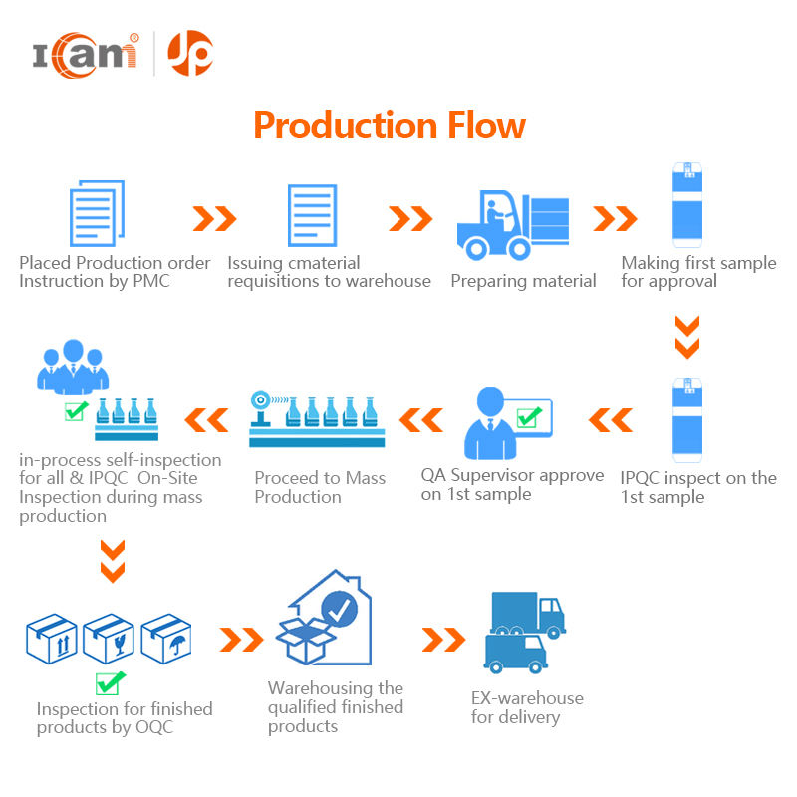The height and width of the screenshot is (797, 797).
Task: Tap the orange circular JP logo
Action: click(x=189, y=53)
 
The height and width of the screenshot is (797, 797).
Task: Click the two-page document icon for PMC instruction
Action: click(x=97, y=213)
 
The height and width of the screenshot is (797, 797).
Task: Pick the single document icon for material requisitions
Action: click(x=313, y=216)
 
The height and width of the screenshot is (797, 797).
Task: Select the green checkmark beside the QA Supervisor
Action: click(x=530, y=415)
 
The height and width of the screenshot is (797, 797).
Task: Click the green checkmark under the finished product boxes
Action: click(x=110, y=683)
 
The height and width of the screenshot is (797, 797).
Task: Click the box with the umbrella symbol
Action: click(x=167, y=638)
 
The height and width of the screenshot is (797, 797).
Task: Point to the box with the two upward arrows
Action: click(x=51, y=638)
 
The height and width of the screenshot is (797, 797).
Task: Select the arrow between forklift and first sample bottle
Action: click(x=615, y=218)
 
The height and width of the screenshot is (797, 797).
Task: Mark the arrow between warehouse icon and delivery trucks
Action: click(x=443, y=639)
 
